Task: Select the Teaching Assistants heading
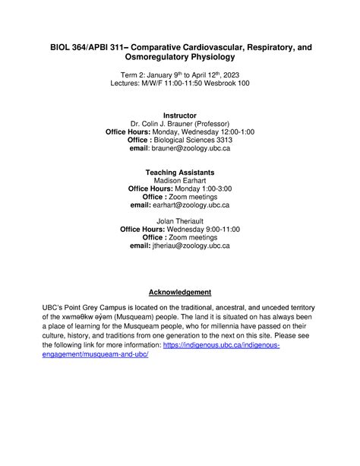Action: click(179, 173)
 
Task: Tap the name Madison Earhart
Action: click(179, 181)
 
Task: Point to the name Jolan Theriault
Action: click(179, 221)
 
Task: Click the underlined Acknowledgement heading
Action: click(179, 292)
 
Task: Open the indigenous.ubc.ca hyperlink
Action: click(221, 344)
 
